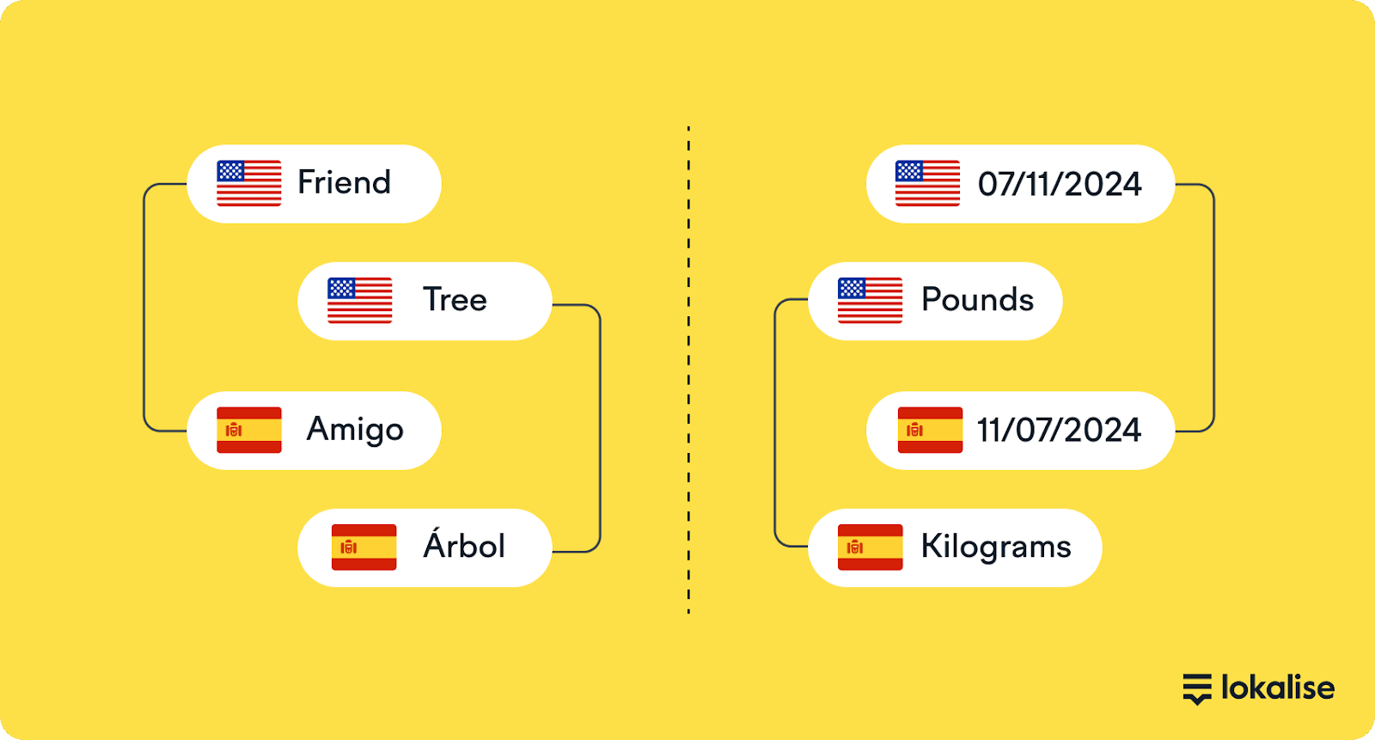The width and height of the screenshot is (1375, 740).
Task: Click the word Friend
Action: click(x=344, y=182)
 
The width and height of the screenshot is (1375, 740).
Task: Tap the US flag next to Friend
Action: click(x=249, y=184)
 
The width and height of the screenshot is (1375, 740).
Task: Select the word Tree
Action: click(x=455, y=300)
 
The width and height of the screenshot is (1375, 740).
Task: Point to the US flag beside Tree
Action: click(x=360, y=300)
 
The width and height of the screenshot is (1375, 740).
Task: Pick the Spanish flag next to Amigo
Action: click(x=249, y=430)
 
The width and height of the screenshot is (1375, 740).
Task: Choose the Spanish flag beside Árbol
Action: click(x=364, y=547)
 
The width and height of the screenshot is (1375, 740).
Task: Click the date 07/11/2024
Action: click(x=1060, y=184)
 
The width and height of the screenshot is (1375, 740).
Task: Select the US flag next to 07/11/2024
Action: click(x=927, y=184)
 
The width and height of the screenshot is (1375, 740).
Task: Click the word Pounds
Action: click(x=977, y=300)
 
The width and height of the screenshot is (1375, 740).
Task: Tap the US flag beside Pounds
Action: click(x=871, y=300)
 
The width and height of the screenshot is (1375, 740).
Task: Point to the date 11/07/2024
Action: click(x=1059, y=430)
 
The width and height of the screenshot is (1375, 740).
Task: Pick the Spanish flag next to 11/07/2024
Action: click(x=930, y=430)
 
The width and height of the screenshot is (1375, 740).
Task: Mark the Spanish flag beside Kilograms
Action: click(x=871, y=547)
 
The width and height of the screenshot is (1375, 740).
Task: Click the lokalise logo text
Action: click(x=1278, y=688)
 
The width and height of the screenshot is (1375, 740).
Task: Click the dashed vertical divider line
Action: click(x=688, y=370)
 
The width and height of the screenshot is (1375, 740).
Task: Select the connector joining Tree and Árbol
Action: click(x=600, y=428)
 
